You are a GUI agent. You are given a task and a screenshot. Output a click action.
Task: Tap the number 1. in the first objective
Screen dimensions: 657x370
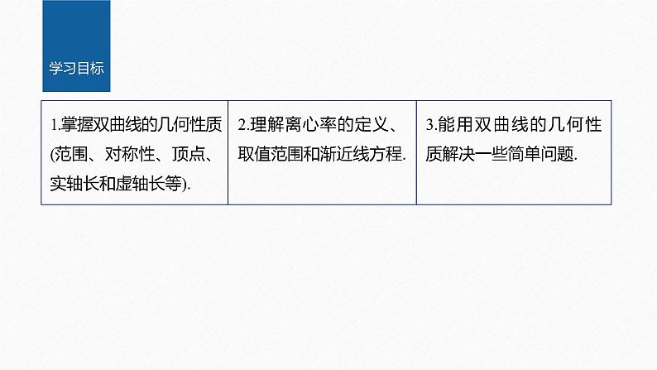coord(54,127)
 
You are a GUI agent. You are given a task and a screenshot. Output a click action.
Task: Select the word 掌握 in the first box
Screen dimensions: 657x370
coord(72,127)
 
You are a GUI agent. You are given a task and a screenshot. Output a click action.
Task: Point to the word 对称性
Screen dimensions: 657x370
coord(133,154)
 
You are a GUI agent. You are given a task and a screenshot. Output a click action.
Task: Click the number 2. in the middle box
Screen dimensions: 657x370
coord(242,127)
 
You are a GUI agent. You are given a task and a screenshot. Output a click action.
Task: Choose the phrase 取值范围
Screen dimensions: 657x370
coord(272,154)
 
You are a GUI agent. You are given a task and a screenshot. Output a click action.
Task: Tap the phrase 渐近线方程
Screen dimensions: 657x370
coord(358,154)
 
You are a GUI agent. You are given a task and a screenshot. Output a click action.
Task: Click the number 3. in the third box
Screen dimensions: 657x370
coord(430,127)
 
